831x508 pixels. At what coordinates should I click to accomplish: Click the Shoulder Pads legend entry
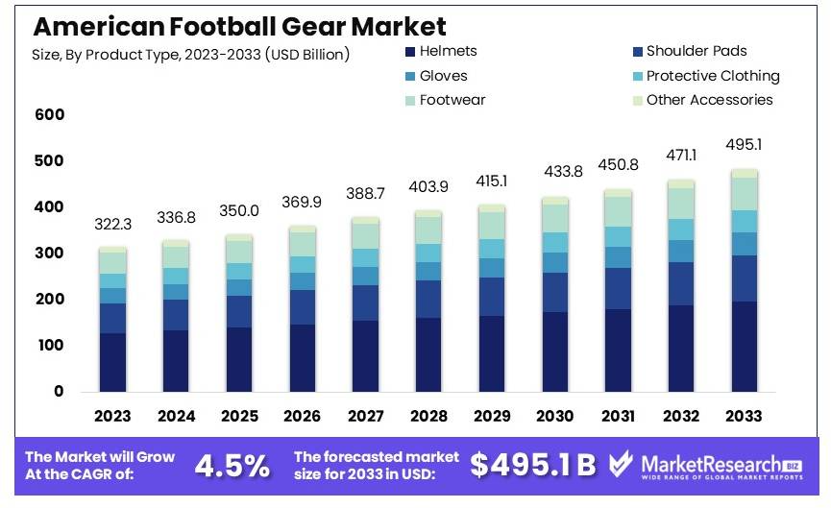pos(696,51)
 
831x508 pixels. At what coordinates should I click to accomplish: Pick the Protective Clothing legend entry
pos(712,76)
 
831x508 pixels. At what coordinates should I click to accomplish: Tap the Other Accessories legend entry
pos(709,100)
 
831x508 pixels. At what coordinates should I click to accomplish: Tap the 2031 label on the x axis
pos(618,416)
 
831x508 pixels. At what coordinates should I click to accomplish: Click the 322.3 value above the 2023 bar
pos(112,224)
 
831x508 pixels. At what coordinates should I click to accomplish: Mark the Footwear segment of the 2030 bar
pos(554,218)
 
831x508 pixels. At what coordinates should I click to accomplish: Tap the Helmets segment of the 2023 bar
pos(112,362)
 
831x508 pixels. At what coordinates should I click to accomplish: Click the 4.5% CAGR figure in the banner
pos(232,466)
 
